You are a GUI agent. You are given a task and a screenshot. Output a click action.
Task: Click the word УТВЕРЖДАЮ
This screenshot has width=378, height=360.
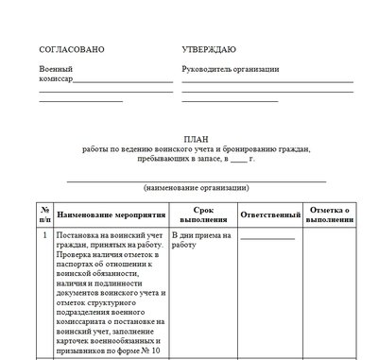[x=209, y=48]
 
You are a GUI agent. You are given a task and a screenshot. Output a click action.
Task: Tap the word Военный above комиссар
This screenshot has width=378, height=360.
[x=55, y=69]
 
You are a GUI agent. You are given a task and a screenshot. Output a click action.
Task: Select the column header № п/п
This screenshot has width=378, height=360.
[x=44, y=213]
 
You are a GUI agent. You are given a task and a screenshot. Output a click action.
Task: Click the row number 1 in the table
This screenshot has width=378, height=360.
[x=44, y=233]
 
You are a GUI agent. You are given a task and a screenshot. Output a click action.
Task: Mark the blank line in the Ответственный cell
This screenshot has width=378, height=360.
[x=267, y=237]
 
